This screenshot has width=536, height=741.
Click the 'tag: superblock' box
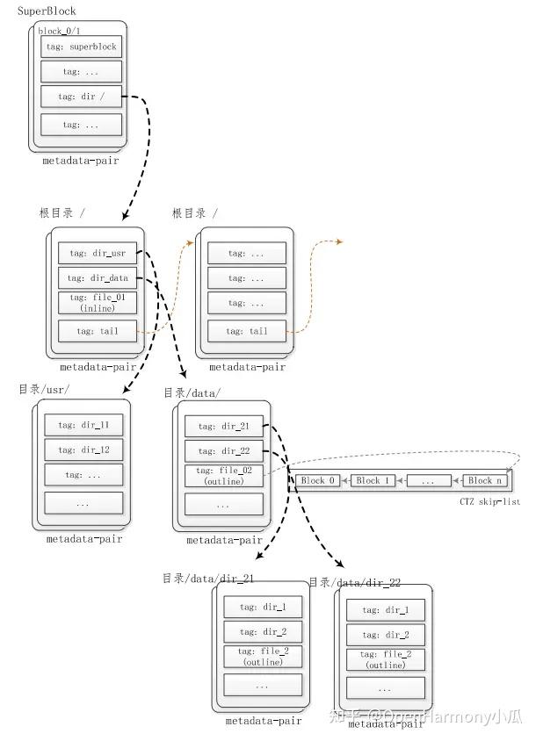pyautogui.click(x=81, y=47)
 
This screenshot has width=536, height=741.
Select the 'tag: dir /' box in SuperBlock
pyautogui.click(x=81, y=97)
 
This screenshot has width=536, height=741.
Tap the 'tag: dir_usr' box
pyautogui.click(x=98, y=253)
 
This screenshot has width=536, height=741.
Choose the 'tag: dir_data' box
pyautogui.click(x=98, y=277)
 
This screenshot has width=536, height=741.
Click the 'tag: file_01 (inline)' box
pyautogui.click(x=98, y=304)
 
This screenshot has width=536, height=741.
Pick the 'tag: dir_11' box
pyautogui.click(x=83, y=426)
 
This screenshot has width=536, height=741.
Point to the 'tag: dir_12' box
pyautogui.click(x=83, y=450)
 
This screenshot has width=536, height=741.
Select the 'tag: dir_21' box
pyautogui.click(x=224, y=427)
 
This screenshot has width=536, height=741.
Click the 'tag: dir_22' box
pyautogui.click(x=224, y=451)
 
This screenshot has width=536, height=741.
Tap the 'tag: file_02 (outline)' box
pyautogui.click(x=224, y=477)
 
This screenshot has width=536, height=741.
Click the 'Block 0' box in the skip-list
pyautogui.click(x=318, y=480)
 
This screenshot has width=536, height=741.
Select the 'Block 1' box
pyautogui.click(x=373, y=480)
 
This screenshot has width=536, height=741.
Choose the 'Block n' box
pyautogui.click(x=485, y=480)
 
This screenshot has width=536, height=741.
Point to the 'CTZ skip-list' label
pyautogui.click(x=489, y=500)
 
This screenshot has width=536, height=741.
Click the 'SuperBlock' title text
pyautogui.click(x=47, y=11)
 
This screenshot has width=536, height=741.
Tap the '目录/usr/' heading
pyautogui.click(x=44, y=389)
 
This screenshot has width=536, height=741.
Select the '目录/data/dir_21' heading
pyautogui.click(x=209, y=578)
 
